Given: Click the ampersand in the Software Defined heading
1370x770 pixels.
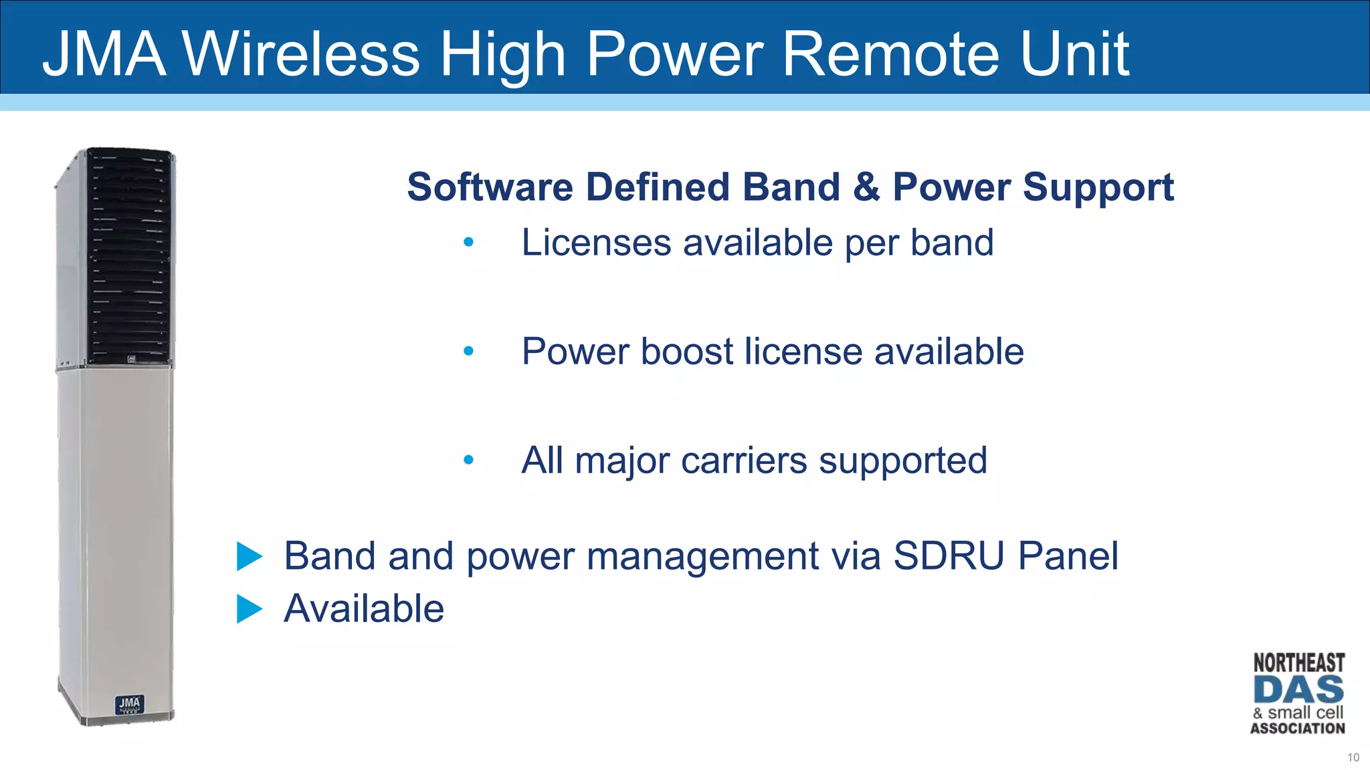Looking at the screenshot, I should point(866,186).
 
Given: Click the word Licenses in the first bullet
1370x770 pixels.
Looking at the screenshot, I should point(596,242).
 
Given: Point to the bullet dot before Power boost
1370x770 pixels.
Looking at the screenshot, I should point(468,351).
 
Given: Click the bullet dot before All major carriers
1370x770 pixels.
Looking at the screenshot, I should point(468,460).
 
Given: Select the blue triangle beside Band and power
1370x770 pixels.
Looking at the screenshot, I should point(249,557).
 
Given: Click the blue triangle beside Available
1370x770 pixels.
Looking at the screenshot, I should point(249,609).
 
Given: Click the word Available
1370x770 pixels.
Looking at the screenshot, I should point(364,609).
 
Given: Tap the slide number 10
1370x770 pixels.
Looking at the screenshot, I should point(1353,757).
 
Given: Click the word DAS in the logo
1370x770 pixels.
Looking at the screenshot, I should point(1298,690).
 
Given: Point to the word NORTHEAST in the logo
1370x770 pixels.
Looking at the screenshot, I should point(1298,663).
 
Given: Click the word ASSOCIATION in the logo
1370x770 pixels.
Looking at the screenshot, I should point(1298,729).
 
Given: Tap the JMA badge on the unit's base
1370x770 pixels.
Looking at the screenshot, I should point(129,704).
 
